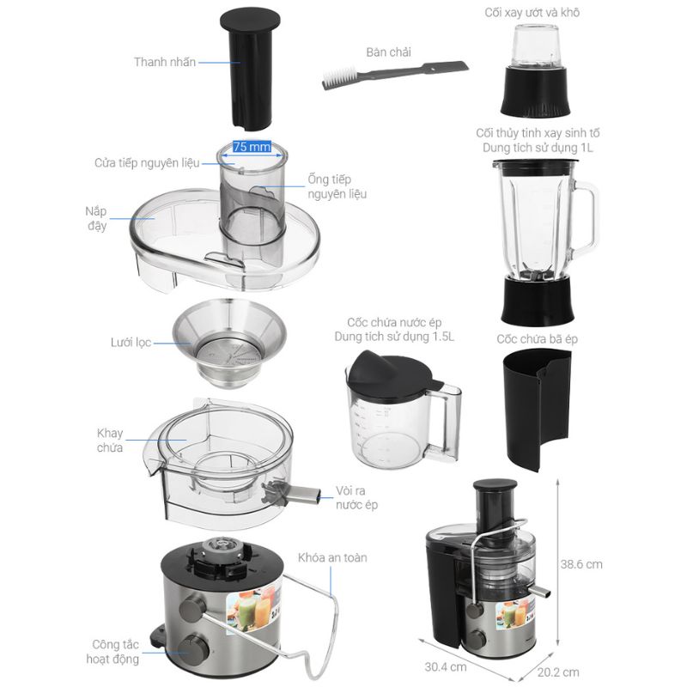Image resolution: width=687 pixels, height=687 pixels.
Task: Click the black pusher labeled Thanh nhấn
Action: [251, 70]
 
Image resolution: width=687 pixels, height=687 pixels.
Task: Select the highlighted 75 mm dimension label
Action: [252, 146]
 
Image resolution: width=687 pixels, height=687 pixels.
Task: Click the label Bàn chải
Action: [389, 52]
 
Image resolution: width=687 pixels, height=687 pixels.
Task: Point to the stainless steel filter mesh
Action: [229, 343]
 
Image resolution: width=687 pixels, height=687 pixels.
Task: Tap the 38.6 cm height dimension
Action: [581, 564]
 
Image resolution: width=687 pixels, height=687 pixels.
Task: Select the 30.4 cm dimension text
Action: [445, 666]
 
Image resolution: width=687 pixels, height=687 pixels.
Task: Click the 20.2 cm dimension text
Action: [558, 672]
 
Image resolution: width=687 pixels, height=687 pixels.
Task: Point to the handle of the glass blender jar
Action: [586, 219]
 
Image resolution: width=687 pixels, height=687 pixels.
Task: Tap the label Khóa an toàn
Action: [332, 557]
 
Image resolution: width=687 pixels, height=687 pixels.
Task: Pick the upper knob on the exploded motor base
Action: [192, 606]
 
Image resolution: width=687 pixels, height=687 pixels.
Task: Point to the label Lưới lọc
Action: [131, 342]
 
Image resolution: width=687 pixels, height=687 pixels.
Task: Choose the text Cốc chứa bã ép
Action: [537, 338]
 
